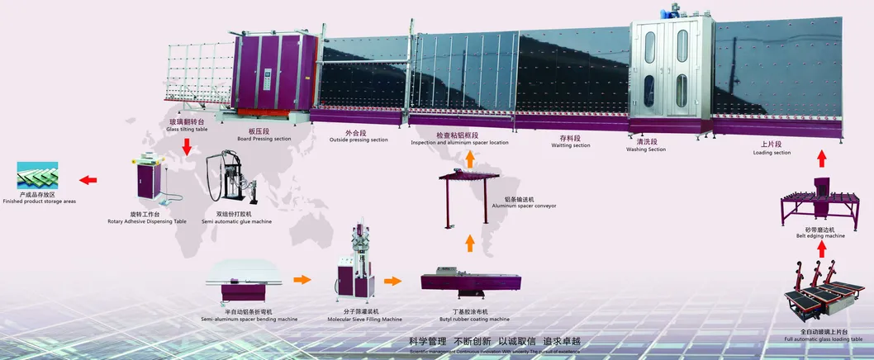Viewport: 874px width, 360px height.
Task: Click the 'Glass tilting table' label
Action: coord(187,130)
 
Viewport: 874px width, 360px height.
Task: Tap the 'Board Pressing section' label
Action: coord(264,139)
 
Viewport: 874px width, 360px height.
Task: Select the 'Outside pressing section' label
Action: coord(359,140)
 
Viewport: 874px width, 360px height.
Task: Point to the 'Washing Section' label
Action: coord(645,149)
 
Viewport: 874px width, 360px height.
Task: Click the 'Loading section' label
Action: coord(772,152)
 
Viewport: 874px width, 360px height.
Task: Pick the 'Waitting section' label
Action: coord(571,145)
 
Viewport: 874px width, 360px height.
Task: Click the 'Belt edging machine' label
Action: coord(820,235)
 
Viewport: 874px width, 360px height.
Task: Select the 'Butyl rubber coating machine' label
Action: coord(474,319)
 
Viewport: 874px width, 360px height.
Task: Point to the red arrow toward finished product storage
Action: coord(87,178)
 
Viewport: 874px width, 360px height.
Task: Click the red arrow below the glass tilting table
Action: coord(188,147)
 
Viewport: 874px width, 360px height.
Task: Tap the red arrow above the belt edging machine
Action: coord(819,159)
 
